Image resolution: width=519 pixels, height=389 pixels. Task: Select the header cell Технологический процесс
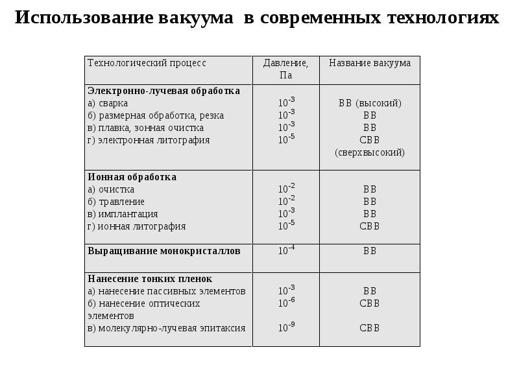pyautogui.click(x=147, y=63)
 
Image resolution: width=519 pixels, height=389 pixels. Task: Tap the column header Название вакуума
pyautogui.click(x=370, y=63)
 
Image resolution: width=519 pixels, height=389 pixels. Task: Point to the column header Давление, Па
pyautogui.click(x=285, y=69)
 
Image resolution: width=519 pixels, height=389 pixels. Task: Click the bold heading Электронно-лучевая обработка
pyautogui.click(x=163, y=91)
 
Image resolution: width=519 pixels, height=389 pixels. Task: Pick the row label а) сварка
pyautogui.click(x=108, y=103)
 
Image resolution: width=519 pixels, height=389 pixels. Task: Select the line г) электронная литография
pyautogui.click(x=149, y=140)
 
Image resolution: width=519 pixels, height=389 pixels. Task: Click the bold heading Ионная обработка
pyautogui.click(x=132, y=177)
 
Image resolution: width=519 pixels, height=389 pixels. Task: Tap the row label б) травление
pyautogui.click(x=116, y=202)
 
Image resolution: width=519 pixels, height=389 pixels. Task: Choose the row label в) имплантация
pyautogui.click(x=123, y=214)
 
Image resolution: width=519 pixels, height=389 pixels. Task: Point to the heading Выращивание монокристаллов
pyautogui.click(x=163, y=250)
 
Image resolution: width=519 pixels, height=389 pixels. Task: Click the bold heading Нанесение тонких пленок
pyautogui.click(x=150, y=279)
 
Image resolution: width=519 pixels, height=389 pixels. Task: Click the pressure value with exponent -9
pyautogui.click(x=286, y=327)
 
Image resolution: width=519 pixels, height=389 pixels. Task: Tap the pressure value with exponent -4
pyautogui.click(x=286, y=250)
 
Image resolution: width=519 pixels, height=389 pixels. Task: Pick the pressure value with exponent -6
pyautogui.click(x=286, y=303)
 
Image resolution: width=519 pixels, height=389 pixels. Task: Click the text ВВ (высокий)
pyautogui.click(x=370, y=103)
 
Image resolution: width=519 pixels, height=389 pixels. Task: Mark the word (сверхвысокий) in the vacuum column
pyautogui.click(x=370, y=152)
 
